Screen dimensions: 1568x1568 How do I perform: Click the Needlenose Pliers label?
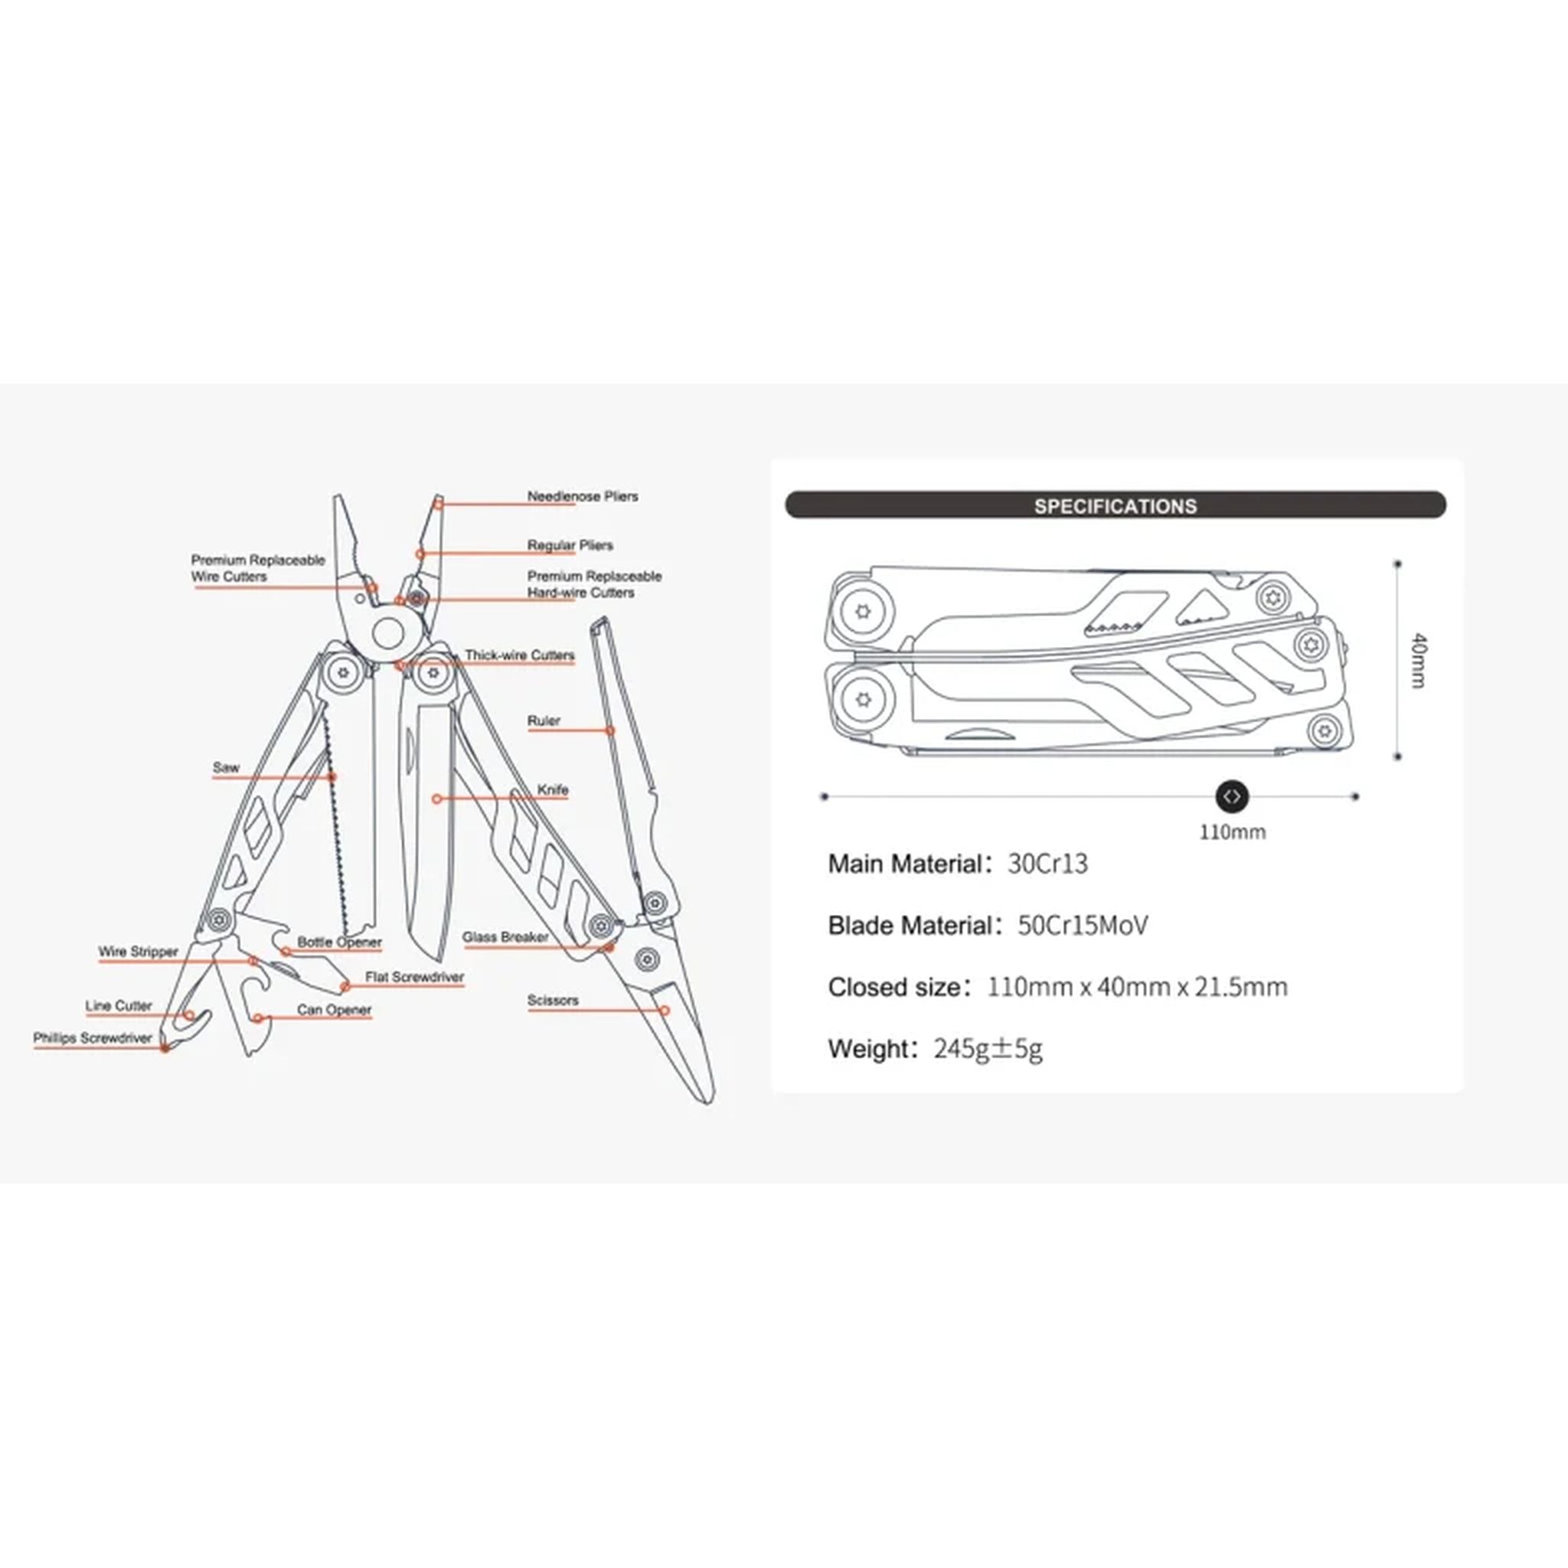click(x=583, y=496)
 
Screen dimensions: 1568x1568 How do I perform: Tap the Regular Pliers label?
click(x=570, y=545)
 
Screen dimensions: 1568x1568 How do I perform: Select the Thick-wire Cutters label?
click(x=519, y=655)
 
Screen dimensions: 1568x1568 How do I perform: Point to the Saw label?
click(x=227, y=767)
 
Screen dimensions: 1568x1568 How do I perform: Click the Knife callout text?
click(x=553, y=789)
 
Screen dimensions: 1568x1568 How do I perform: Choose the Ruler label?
click(x=544, y=720)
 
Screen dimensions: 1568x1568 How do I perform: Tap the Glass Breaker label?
click(x=505, y=937)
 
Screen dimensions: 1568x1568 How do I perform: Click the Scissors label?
click(x=553, y=1000)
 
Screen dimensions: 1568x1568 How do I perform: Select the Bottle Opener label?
click(x=339, y=942)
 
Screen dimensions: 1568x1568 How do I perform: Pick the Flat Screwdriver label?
click(x=415, y=977)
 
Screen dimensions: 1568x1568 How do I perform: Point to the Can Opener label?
click(x=335, y=1011)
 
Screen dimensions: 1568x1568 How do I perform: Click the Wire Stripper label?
click(x=138, y=951)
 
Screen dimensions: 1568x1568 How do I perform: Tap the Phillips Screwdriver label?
click(x=93, y=1038)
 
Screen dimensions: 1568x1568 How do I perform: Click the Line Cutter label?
click(x=119, y=1005)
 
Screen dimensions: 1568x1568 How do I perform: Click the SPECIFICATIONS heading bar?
click(x=1115, y=505)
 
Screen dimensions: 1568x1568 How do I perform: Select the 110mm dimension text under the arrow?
click(x=1232, y=832)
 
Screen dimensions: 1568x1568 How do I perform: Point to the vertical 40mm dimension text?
click(x=1418, y=661)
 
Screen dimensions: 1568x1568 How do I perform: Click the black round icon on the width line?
click(x=1231, y=796)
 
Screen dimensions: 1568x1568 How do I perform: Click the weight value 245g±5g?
click(x=988, y=1049)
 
